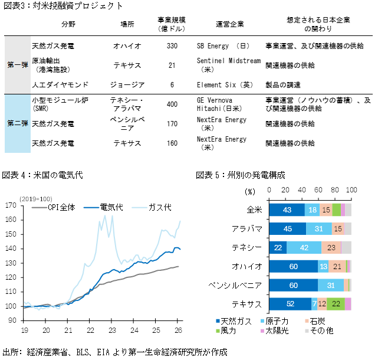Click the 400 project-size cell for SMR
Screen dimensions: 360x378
point(172,104)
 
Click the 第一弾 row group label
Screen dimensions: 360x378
point(16,64)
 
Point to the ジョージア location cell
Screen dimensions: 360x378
point(127,84)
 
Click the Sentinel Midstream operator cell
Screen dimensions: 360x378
point(229,64)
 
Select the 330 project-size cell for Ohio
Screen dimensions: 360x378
point(172,45)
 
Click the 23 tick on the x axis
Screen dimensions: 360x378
point(112,330)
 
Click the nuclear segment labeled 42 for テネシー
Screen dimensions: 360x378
point(304,248)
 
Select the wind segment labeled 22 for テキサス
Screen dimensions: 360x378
point(336,304)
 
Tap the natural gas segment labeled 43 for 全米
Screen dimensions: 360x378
point(287,210)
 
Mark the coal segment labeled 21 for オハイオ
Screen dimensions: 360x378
point(337,267)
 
